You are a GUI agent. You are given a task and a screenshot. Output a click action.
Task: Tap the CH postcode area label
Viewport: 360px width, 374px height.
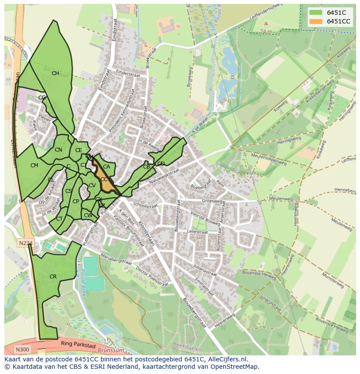click(55, 73)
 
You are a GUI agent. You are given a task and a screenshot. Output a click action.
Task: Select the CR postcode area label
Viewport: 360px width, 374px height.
click(53, 277)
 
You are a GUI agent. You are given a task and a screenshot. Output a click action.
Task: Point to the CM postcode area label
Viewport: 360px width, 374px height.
click(34, 165)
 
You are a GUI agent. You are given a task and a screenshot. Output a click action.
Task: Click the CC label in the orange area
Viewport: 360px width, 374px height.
click(104, 179)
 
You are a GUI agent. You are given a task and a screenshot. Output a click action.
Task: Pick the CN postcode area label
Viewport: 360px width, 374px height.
click(58, 150)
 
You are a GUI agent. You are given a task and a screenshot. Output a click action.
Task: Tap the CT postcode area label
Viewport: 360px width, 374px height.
click(59, 219)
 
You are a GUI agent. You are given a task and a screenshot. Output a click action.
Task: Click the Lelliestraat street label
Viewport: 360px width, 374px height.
click(197, 232)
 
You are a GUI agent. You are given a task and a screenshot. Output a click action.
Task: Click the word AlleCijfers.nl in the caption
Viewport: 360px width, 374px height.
click(226, 359)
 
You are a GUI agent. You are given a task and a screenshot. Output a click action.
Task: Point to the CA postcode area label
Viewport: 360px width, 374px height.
click(106, 167)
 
